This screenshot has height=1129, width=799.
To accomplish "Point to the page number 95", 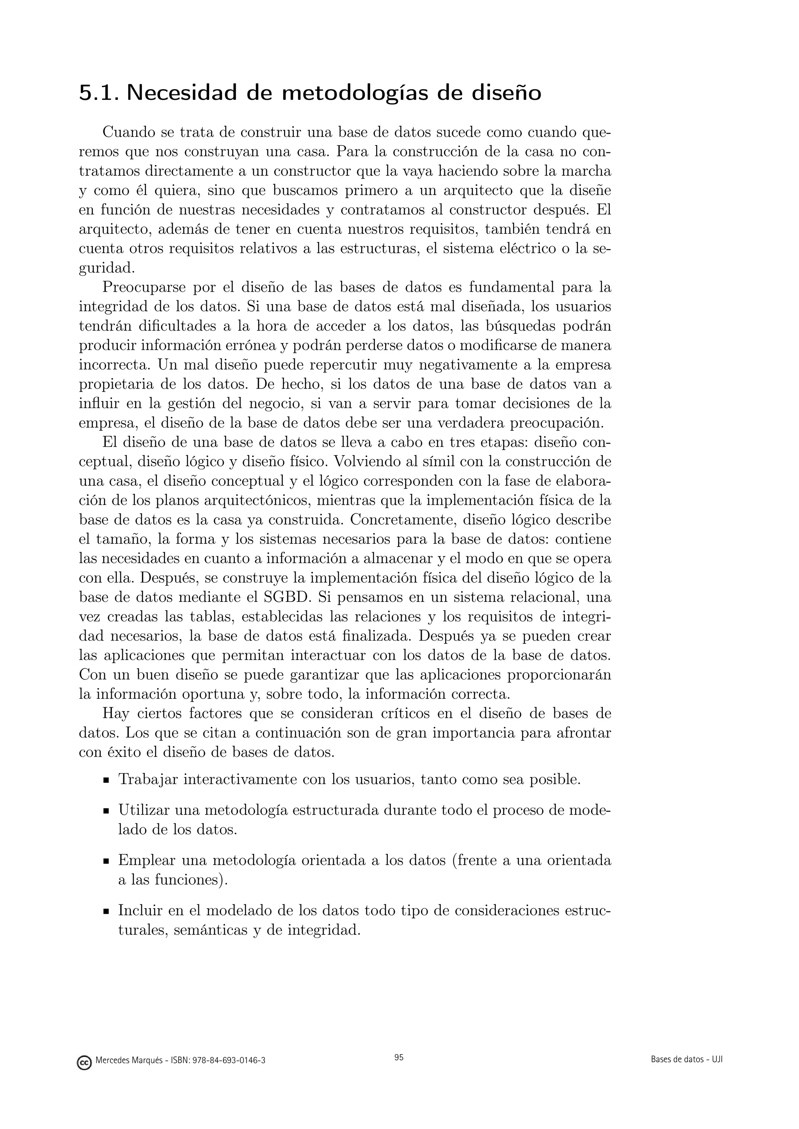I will click(399, 1057).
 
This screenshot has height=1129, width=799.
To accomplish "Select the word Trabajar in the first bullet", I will click(148, 779).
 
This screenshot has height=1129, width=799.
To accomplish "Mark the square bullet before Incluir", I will click(106, 911).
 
